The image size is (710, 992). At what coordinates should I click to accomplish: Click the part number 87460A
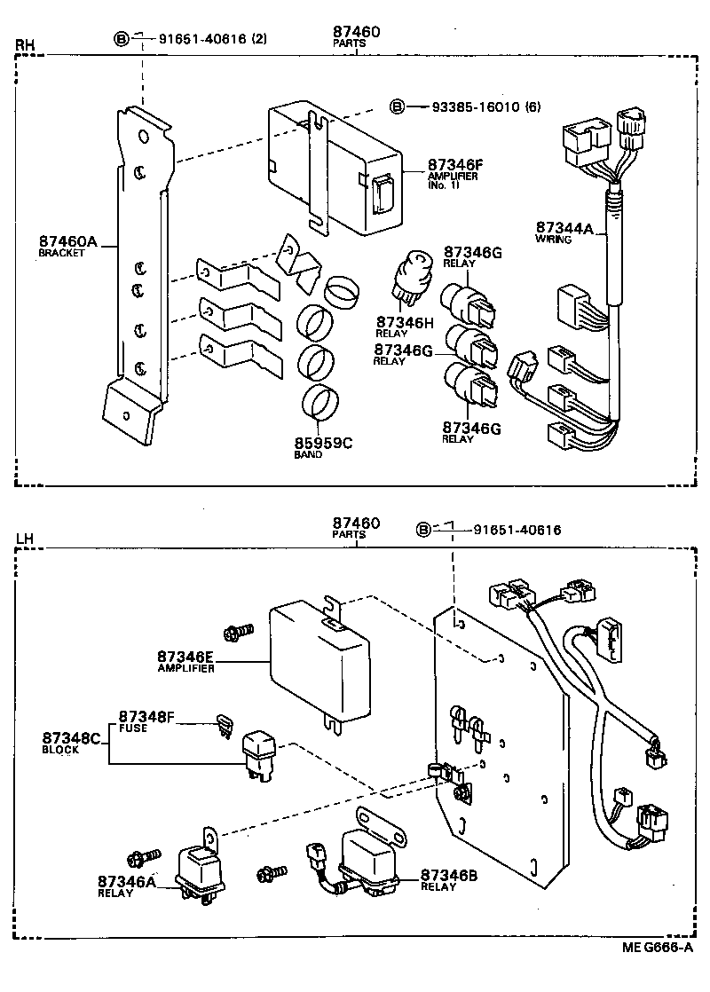pyautogui.click(x=67, y=241)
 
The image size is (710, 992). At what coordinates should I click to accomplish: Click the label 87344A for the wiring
pyautogui.click(x=564, y=227)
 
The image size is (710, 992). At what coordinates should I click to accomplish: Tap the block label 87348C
pyautogui.click(x=73, y=738)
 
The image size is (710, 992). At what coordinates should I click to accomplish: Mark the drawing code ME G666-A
pyautogui.click(x=657, y=948)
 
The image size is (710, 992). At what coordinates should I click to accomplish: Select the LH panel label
pyautogui.click(x=24, y=539)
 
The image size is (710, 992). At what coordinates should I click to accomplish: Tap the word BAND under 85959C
pyautogui.click(x=308, y=454)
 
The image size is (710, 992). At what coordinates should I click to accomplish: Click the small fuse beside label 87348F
pyautogui.click(x=224, y=725)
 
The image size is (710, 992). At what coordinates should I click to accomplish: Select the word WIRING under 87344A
pyautogui.click(x=552, y=239)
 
